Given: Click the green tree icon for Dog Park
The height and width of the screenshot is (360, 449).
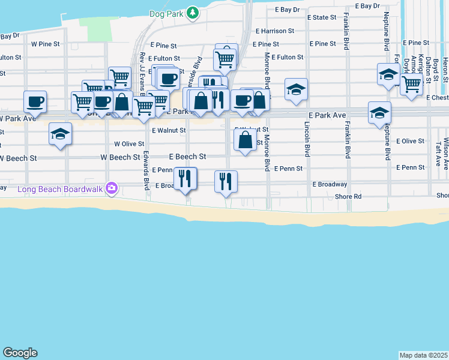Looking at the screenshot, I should coord(192,12).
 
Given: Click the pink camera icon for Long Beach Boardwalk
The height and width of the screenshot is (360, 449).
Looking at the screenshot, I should coord(111,188).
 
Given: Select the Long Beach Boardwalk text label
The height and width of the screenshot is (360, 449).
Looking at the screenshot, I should coord(60,189).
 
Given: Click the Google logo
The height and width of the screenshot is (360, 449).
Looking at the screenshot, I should coord(20,353).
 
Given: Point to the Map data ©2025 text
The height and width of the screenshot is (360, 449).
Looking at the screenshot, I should coord(424,355).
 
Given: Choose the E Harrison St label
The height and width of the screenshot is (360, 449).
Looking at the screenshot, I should coord(274,31).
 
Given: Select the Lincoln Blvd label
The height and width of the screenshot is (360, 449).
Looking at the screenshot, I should coord(307,139).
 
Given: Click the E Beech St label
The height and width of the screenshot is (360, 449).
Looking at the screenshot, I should coord(187,157).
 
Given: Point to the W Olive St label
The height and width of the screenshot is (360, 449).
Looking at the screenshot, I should coord(129,144).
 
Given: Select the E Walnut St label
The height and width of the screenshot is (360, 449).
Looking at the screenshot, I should coord(169,130).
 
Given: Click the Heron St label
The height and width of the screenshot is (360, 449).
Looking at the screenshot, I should coord(445,66).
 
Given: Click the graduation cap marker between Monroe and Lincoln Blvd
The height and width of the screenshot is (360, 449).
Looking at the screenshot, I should coord(296,89).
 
